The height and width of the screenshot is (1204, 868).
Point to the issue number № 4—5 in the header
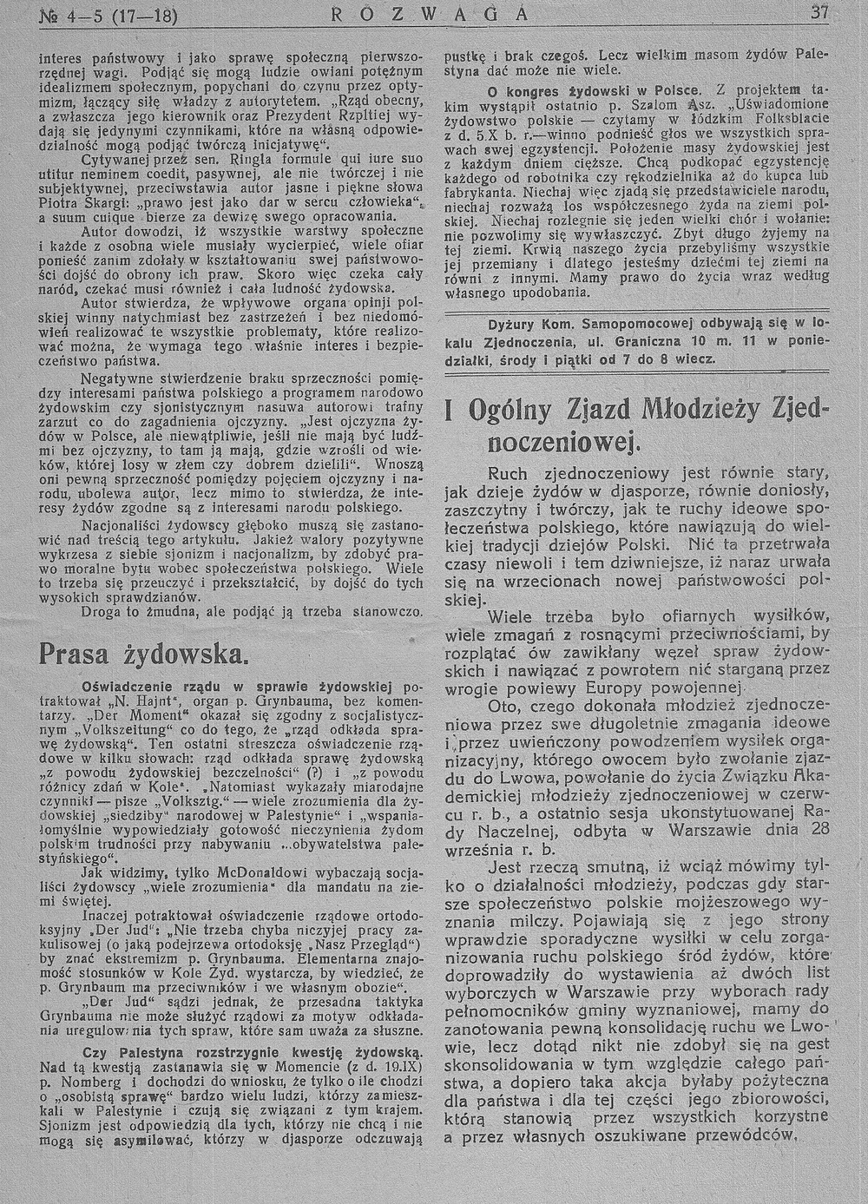(x=69, y=13)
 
